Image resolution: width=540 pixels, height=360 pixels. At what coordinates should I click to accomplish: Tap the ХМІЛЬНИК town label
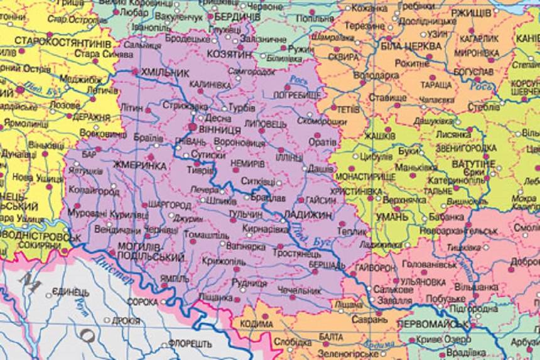click(x=166, y=72)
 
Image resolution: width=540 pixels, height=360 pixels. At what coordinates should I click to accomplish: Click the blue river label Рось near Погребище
click(x=299, y=80)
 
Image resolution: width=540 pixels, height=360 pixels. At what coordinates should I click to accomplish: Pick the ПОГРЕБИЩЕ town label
click(x=297, y=94)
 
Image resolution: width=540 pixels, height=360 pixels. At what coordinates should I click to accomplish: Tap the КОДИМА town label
click(x=257, y=324)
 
